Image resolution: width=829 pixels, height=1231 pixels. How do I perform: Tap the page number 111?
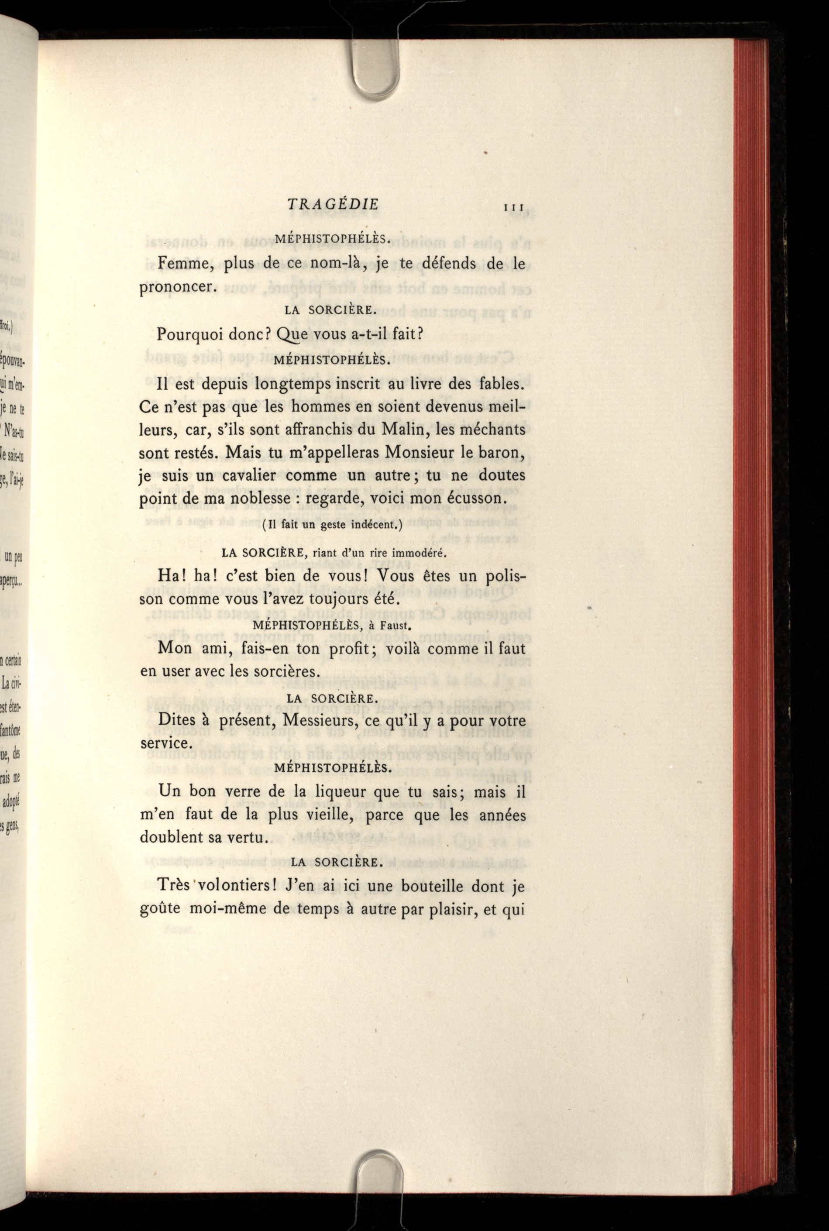514,208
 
